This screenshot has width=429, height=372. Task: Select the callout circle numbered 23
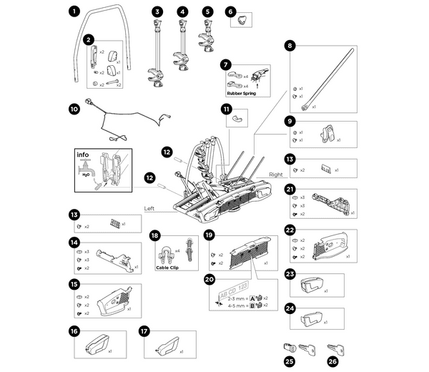(290, 274)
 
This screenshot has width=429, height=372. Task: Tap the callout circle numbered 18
(155, 235)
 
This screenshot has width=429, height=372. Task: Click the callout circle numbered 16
(74, 331)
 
